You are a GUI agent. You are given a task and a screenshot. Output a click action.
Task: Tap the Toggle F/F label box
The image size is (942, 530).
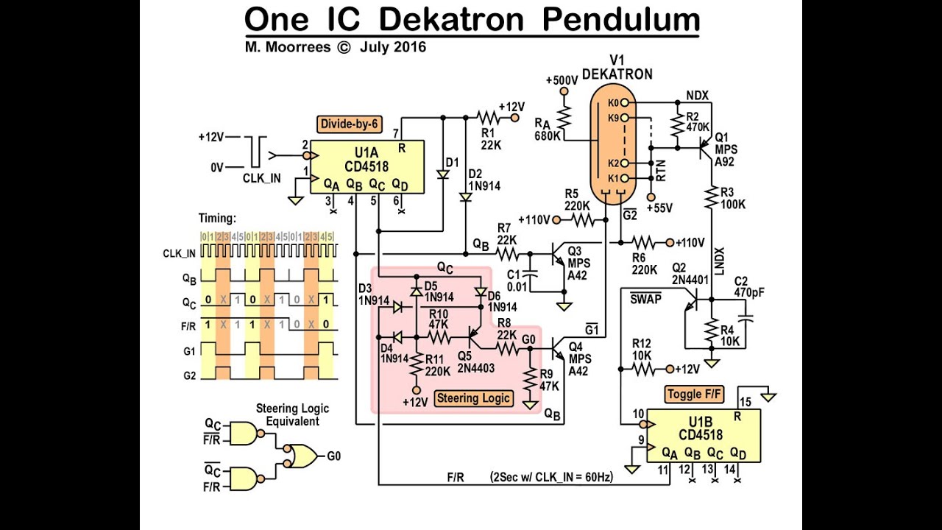[x=695, y=395]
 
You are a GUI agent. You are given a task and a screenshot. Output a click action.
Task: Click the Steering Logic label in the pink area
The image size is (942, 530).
[x=473, y=399]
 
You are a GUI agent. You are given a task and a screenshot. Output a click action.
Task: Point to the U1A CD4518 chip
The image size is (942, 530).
[x=366, y=167]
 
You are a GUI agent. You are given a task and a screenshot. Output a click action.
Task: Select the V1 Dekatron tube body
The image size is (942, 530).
[x=612, y=147]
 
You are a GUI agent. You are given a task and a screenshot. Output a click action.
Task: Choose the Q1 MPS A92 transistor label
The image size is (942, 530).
[x=726, y=144]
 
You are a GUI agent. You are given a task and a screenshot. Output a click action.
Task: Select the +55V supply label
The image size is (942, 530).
[x=658, y=208]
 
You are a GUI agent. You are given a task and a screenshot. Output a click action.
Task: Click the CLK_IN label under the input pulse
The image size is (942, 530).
[x=261, y=177]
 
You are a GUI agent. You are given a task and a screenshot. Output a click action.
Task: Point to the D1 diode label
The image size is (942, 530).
[x=452, y=161]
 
